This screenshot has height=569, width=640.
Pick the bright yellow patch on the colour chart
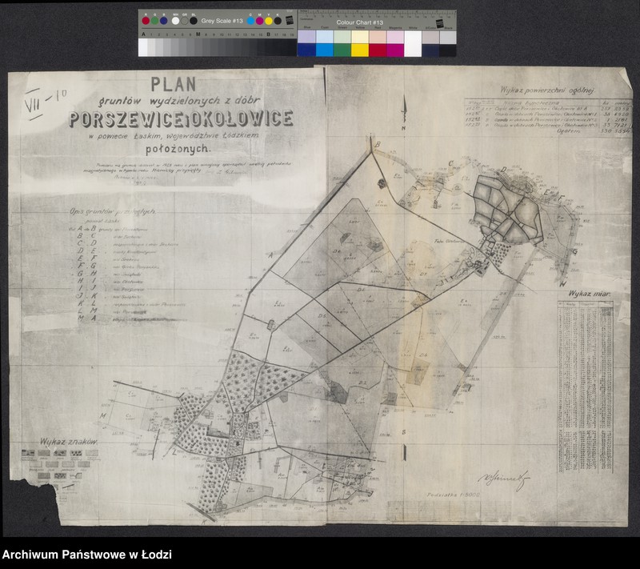click(x=359, y=50)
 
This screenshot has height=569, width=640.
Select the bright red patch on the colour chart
click(x=378, y=50)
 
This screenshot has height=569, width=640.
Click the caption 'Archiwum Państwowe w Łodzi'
click(x=86, y=555)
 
